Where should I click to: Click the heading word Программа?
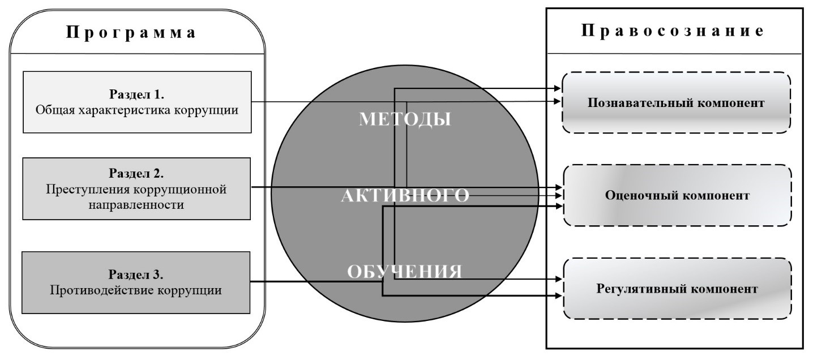[132, 32]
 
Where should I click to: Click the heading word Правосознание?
[673, 31]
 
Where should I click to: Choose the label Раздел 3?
[136, 275]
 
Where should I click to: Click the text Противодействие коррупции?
[136, 292]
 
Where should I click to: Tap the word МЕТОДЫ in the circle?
[405, 119]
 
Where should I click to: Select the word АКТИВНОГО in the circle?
[405, 196]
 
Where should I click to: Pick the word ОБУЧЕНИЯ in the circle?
[404, 272]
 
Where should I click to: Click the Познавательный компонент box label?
[676, 103]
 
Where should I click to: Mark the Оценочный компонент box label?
[677, 195]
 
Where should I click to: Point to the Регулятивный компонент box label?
[677, 289]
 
